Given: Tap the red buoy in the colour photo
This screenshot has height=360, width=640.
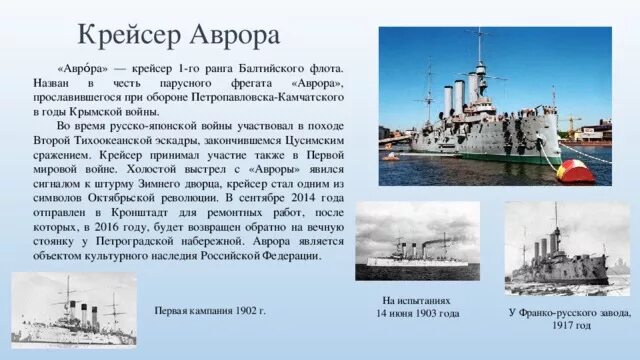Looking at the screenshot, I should click(576, 171).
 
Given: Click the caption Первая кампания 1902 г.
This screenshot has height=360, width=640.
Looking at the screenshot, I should click(210, 311).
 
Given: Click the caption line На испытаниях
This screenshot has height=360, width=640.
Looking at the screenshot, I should click(416, 300).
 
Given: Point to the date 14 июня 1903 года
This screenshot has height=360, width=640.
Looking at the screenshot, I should click(417, 314).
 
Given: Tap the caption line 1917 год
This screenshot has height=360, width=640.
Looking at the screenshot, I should click(570, 326).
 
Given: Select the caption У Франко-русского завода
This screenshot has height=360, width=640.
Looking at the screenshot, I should click(570, 312).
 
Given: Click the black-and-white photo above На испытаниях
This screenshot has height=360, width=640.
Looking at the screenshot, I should click(417, 241).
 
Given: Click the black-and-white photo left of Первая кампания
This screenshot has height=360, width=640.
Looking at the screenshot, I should click(74, 310).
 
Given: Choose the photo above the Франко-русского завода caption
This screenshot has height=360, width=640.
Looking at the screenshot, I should click(568, 249).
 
